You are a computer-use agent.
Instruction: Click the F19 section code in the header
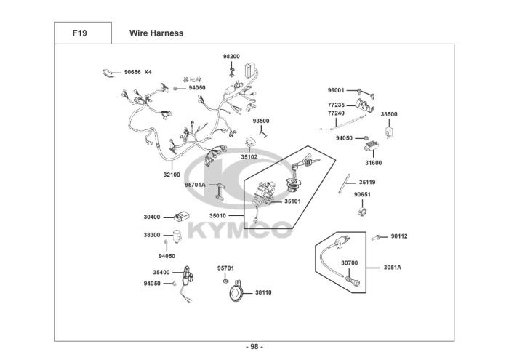[79, 33]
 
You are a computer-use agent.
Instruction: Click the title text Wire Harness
[156, 33]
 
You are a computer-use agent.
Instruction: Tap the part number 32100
[172, 175]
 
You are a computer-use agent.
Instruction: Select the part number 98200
[231, 57]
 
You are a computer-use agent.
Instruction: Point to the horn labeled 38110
[235, 292]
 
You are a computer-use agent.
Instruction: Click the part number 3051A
[393, 268]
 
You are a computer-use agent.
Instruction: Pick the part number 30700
[349, 263]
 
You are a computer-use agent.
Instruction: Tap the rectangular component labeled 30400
[182, 217]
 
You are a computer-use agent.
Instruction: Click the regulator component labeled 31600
[371, 145]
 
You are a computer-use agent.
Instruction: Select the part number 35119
[367, 183]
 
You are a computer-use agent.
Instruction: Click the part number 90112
[399, 236]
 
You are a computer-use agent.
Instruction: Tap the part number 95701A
[195, 185]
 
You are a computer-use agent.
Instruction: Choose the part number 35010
[217, 215]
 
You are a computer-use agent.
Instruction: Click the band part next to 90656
[108, 73]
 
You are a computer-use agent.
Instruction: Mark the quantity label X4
[148, 72]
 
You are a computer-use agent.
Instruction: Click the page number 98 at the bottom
[254, 347]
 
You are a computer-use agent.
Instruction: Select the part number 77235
[336, 105]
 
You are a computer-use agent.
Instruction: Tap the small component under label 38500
[388, 132]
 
